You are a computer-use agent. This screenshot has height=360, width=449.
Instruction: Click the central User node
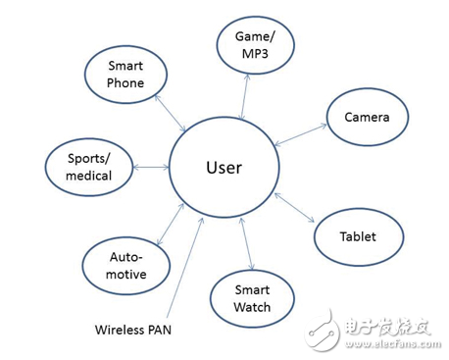pyautogui.click(x=224, y=168)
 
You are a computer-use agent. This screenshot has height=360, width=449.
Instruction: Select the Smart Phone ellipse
pyautogui.click(x=125, y=75)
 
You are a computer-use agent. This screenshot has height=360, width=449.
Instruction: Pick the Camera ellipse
pyautogui.click(x=367, y=117)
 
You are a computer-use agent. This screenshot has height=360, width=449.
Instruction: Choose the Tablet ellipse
pyautogui.click(x=358, y=236)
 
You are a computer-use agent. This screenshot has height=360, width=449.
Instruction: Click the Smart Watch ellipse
pyautogui.click(x=252, y=298)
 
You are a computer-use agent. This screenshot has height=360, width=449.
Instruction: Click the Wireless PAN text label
pyautogui.click(x=131, y=329)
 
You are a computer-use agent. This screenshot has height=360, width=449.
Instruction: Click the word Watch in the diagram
pyautogui.click(x=252, y=307)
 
